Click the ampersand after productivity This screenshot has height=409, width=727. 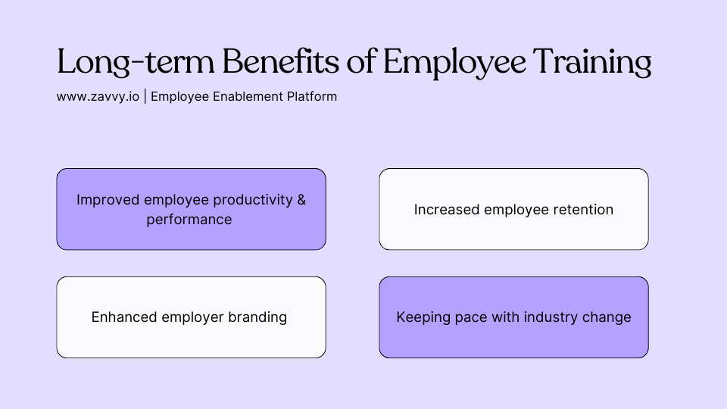coord(301,200)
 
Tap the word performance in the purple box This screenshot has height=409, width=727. coord(189,220)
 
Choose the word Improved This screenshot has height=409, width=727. coord(107,200)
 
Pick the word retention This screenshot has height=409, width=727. coord(584,210)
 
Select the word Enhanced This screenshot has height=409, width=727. coord(124,317)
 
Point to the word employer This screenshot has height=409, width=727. coord(192,317)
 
